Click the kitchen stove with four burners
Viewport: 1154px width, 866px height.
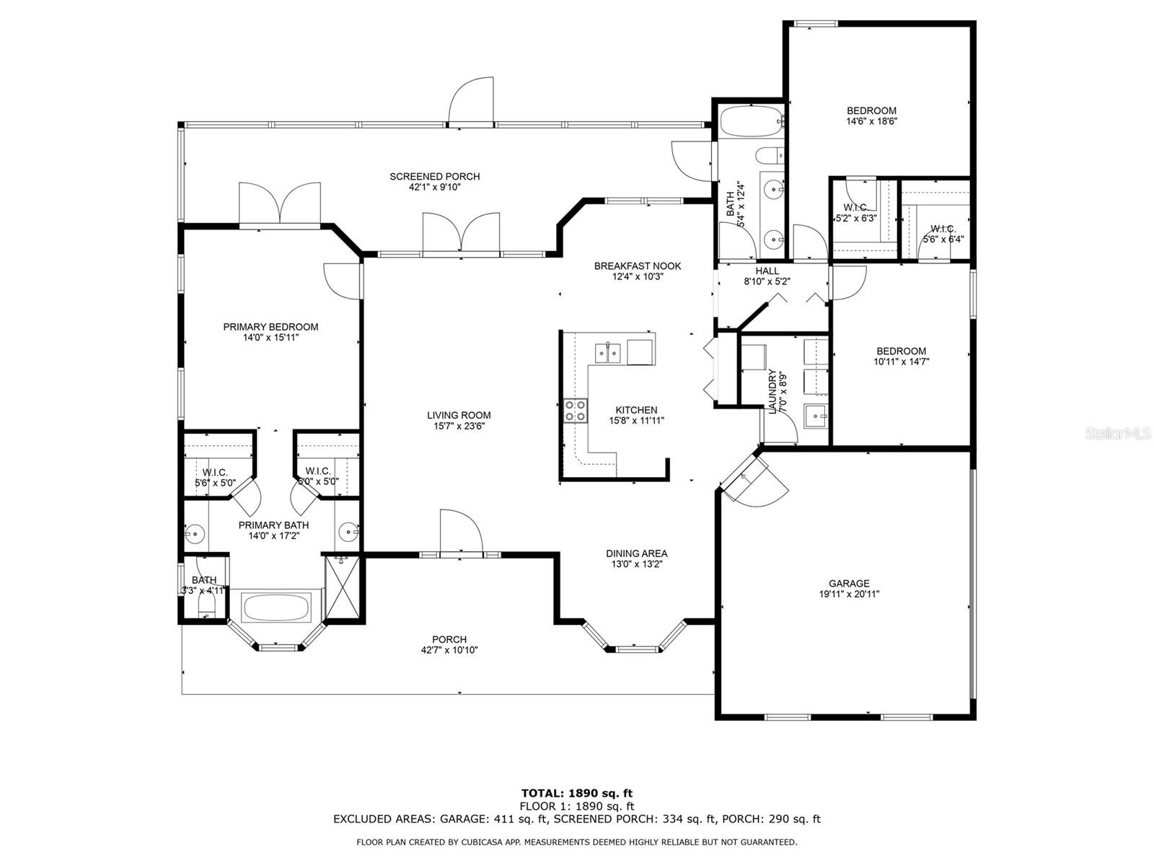[x=575, y=410]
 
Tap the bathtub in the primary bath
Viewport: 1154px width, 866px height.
[x=276, y=608]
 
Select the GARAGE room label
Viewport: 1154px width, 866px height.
[x=848, y=583]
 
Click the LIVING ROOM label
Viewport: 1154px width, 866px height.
[x=459, y=416]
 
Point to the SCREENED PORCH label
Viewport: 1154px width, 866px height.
[x=434, y=177]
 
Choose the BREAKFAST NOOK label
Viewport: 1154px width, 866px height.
[x=637, y=266]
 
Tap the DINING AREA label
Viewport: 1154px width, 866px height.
[x=637, y=553]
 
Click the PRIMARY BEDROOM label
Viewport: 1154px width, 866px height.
[x=270, y=327]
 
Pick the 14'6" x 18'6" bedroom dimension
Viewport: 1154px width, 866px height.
[x=871, y=121]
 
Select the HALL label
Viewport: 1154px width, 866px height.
[x=767, y=271]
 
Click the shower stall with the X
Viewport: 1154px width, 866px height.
[x=343, y=588]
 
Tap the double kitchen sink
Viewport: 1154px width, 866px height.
[x=608, y=354]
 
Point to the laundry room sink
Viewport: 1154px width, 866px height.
[x=816, y=418]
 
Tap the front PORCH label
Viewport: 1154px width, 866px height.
[x=449, y=639]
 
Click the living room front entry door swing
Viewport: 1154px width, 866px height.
[x=461, y=532]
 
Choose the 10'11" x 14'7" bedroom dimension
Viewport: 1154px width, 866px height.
[x=901, y=362]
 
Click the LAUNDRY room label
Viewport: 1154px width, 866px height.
[x=772, y=392]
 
